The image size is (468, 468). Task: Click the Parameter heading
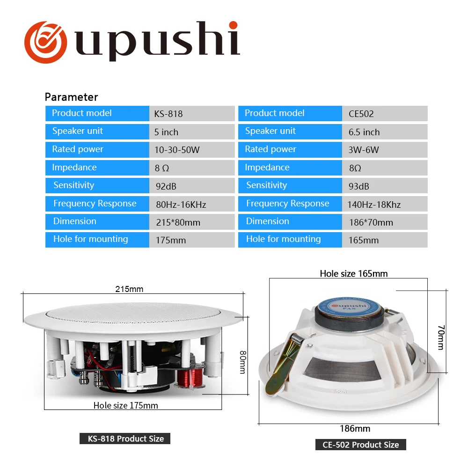71,97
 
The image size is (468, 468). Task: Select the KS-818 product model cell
168,114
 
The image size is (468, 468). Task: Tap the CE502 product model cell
361,114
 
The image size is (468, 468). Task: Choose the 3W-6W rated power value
364,150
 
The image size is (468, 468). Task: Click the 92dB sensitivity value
166,186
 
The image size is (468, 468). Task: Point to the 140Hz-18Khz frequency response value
374,205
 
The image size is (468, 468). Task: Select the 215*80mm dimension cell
178,222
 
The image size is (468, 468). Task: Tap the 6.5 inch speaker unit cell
364,132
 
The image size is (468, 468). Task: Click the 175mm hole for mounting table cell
171,241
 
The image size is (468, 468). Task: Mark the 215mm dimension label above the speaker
129,289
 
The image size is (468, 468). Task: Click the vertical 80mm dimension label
242,363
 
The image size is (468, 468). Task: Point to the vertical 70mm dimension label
440,337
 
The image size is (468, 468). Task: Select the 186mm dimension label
355,429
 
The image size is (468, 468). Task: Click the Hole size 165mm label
354,274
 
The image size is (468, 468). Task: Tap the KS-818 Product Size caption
126,439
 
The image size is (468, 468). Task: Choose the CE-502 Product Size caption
360,445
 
